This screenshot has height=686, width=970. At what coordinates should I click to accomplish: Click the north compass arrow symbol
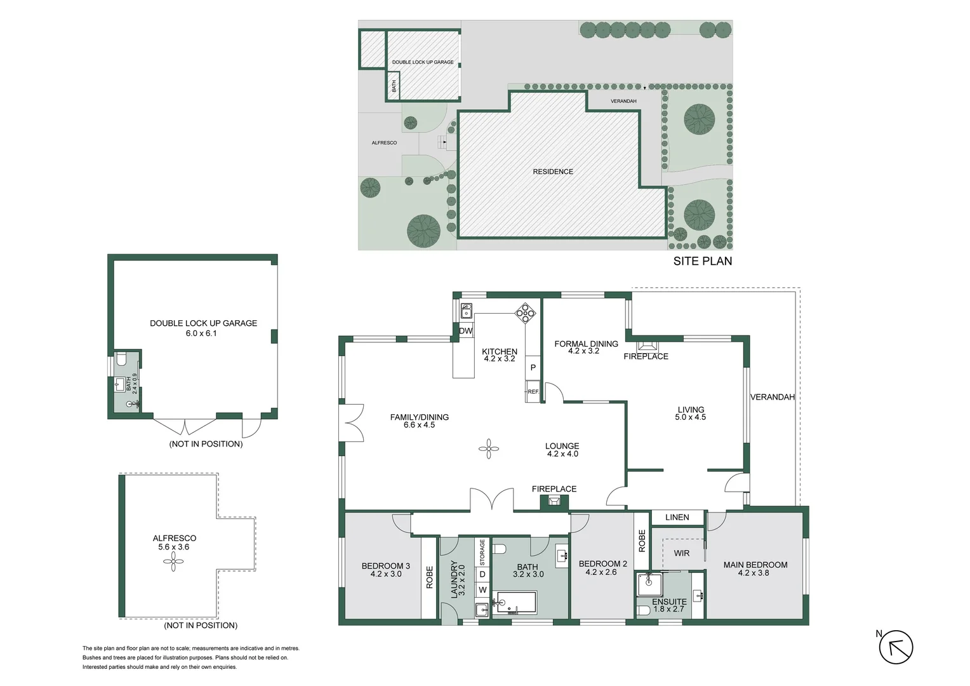point(896,647)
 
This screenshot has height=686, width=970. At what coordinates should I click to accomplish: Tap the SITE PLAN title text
point(702,261)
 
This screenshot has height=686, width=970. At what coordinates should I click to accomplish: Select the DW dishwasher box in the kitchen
point(466,331)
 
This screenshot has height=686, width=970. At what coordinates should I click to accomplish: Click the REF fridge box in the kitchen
point(533,392)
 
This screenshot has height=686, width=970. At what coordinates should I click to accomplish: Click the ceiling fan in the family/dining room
point(488,450)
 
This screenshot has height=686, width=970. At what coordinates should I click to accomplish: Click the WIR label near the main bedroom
point(681,553)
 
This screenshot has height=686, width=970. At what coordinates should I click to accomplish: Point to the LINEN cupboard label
point(677,517)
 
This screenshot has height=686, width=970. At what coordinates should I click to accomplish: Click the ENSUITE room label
point(669,602)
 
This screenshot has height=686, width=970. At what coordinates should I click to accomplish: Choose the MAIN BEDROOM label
point(755,565)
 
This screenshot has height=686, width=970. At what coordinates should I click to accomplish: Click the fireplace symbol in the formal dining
point(646,346)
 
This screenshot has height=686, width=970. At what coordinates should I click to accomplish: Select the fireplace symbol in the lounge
point(554,502)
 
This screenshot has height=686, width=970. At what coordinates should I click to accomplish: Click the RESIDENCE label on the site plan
point(552,171)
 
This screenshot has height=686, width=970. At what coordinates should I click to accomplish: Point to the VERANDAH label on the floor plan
point(772,397)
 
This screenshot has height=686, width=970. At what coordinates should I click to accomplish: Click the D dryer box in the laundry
point(482,574)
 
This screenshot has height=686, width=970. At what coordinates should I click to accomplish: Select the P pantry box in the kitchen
point(533,368)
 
